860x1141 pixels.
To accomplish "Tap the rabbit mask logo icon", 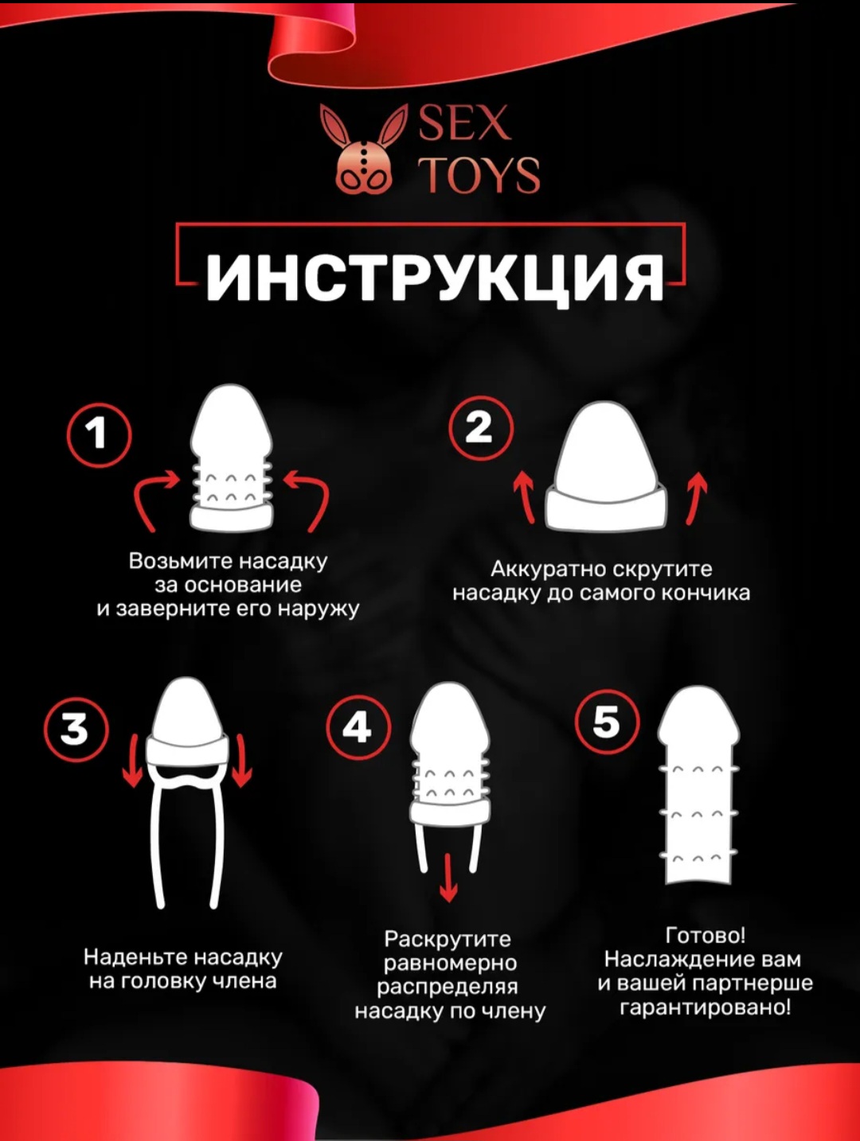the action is click(363, 148).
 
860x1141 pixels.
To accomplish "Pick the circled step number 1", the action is click(99, 435).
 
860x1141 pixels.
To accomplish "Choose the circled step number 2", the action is click(481, 429).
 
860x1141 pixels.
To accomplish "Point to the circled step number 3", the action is click(76, 728).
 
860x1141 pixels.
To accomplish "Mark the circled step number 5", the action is click(607, 722).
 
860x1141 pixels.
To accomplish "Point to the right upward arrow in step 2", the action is click(695, 498).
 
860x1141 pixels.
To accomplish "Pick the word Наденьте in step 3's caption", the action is click(136, 957).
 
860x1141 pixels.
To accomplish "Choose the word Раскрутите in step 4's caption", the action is click(448, 940).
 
